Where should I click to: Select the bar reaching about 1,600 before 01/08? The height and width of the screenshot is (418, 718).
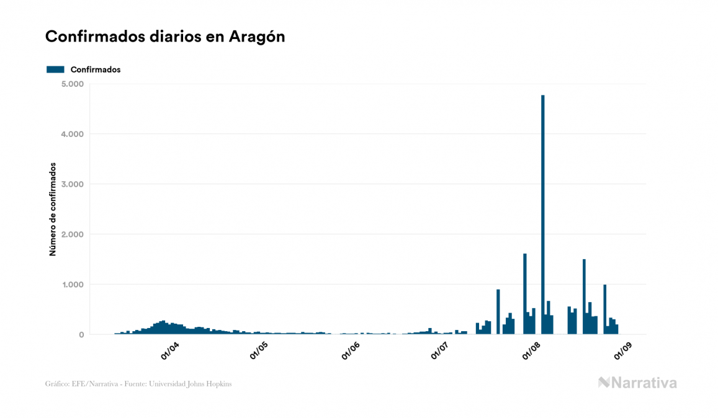point(524,294)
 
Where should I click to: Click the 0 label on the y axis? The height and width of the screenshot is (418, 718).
point(81,335)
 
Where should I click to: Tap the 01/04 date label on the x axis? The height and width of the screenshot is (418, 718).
point(169,351)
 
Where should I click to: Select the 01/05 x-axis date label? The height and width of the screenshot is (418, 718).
point(259,351)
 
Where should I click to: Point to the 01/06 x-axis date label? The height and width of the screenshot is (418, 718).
point(350,351)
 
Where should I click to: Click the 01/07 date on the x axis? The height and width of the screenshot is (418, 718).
point(440,351)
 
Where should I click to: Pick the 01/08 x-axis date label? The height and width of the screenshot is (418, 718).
point(532,351)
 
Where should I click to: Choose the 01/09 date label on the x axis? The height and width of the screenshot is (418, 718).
point(622,351)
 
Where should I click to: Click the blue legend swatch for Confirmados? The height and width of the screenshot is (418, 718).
point(55,69)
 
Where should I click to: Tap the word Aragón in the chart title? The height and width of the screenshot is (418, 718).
point(256,37)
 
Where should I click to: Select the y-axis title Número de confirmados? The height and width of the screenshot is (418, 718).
point(53,209)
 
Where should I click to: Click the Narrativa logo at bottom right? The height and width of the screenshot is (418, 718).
point(637,383)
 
